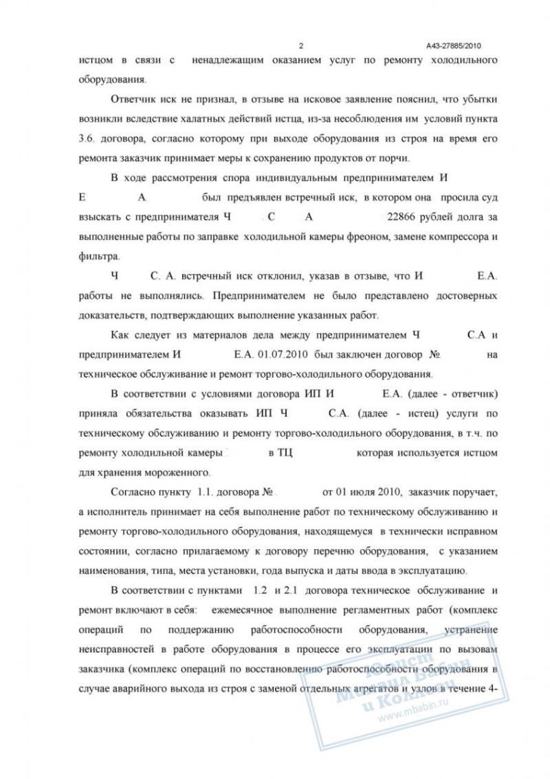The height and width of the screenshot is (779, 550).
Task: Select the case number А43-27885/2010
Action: pyautogui.click(x=453, y=46)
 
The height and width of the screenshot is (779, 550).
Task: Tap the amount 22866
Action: pyautogui.click(x=402, y=217)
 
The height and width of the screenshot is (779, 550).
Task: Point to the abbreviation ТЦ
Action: pyautogui.click(x=285, y=455)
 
